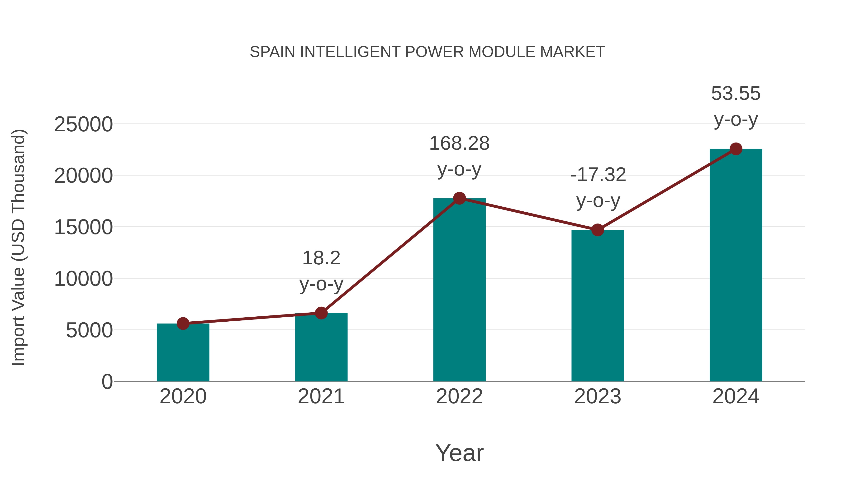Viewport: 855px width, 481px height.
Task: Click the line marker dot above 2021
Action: point(321,313)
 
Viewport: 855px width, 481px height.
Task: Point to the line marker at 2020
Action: point(183,323)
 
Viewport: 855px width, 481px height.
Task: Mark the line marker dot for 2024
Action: point(736,149)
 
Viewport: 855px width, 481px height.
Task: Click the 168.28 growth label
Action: point(459,143)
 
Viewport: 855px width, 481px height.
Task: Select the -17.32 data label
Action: point(598,175)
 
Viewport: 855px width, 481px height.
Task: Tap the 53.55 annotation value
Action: point(736,93)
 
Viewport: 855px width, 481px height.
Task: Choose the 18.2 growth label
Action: point(321,258)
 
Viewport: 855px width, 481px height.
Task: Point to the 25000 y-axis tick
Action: point(83,124)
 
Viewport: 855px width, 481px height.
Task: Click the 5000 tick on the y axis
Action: point(89,330)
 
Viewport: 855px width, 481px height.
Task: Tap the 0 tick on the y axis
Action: point(107,381)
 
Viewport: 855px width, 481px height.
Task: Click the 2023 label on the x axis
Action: point(598,396)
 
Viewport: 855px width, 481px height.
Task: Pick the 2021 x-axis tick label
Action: point(321,396)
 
